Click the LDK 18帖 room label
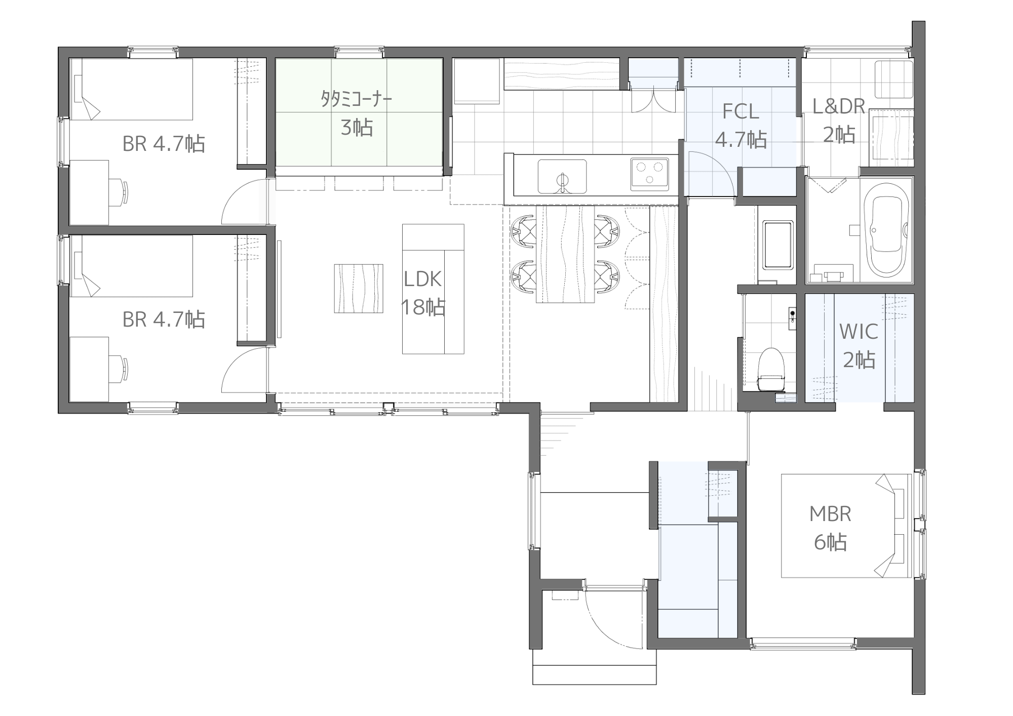(423, 293)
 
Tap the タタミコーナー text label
(357, 99)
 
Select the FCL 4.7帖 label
(741, 125)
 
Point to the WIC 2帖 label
(859, 346)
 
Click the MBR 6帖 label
(830, 528)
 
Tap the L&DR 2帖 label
(839, 121)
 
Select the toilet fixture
(771, 369)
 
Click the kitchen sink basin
(562, 176)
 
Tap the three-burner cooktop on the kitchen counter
(649, 174)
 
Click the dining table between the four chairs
(565, 254)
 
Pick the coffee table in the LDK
(358, 288)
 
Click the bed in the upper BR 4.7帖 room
(131, 89)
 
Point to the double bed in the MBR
(846, 526)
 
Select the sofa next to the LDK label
(433, 289)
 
